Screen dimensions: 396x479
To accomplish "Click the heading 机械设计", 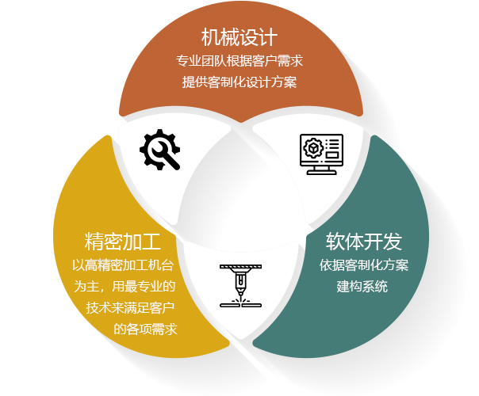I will (x=239, y=36).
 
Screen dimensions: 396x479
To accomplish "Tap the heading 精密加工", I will (x=123, y=241).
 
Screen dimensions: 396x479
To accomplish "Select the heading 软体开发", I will (x=365, y=241).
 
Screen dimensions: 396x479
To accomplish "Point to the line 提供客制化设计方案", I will (x=239, y=82).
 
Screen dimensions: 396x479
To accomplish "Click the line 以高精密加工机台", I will (x=123, y=265).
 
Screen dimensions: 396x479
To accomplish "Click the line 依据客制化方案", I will (x=364, y=265).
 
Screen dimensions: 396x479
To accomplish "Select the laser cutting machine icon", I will (x=239, y=285).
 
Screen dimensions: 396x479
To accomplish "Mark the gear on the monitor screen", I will (x=312, y=147).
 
